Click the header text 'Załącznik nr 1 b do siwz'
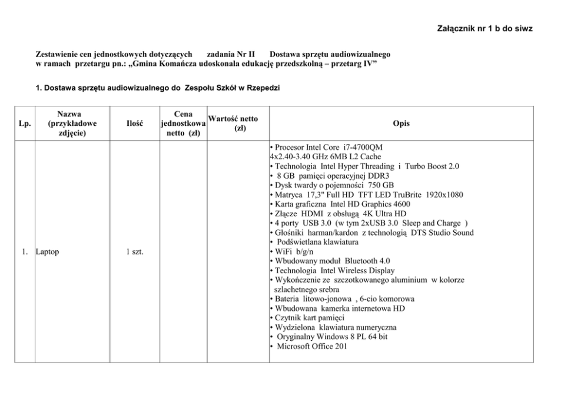coord(485,28)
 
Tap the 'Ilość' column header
coord(135,123)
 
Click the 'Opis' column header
coord(401,123)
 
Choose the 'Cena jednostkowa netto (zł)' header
coord(182,123)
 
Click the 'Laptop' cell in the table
coord(48,252)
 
